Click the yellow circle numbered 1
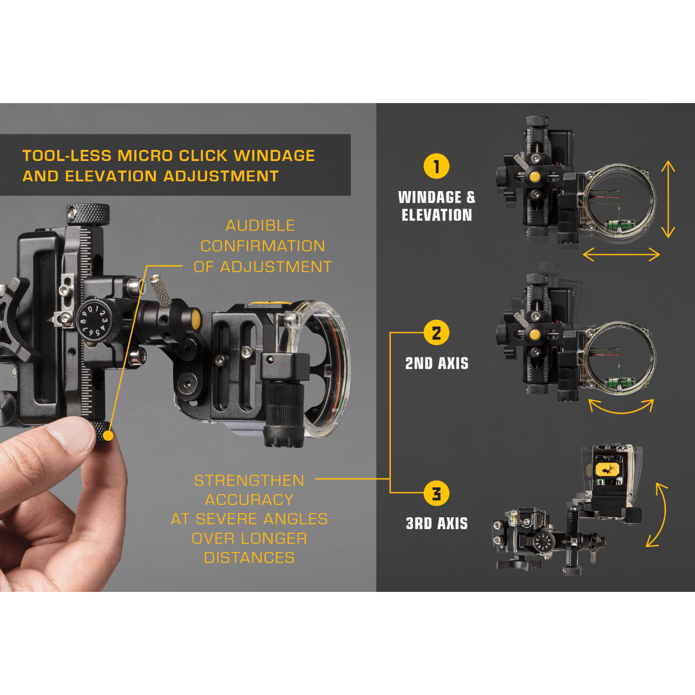[436, 166]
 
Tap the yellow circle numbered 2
[436, 333]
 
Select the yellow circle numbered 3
[436, 493]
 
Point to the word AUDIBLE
[260, 225]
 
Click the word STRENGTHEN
[249, 481]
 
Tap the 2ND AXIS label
[437, 364]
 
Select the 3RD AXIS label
[437, 524]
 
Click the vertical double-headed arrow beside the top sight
[668, 199]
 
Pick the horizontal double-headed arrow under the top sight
[621, 254]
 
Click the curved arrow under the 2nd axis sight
[621, 408]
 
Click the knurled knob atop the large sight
[87, 214]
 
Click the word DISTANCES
[249, 558]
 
